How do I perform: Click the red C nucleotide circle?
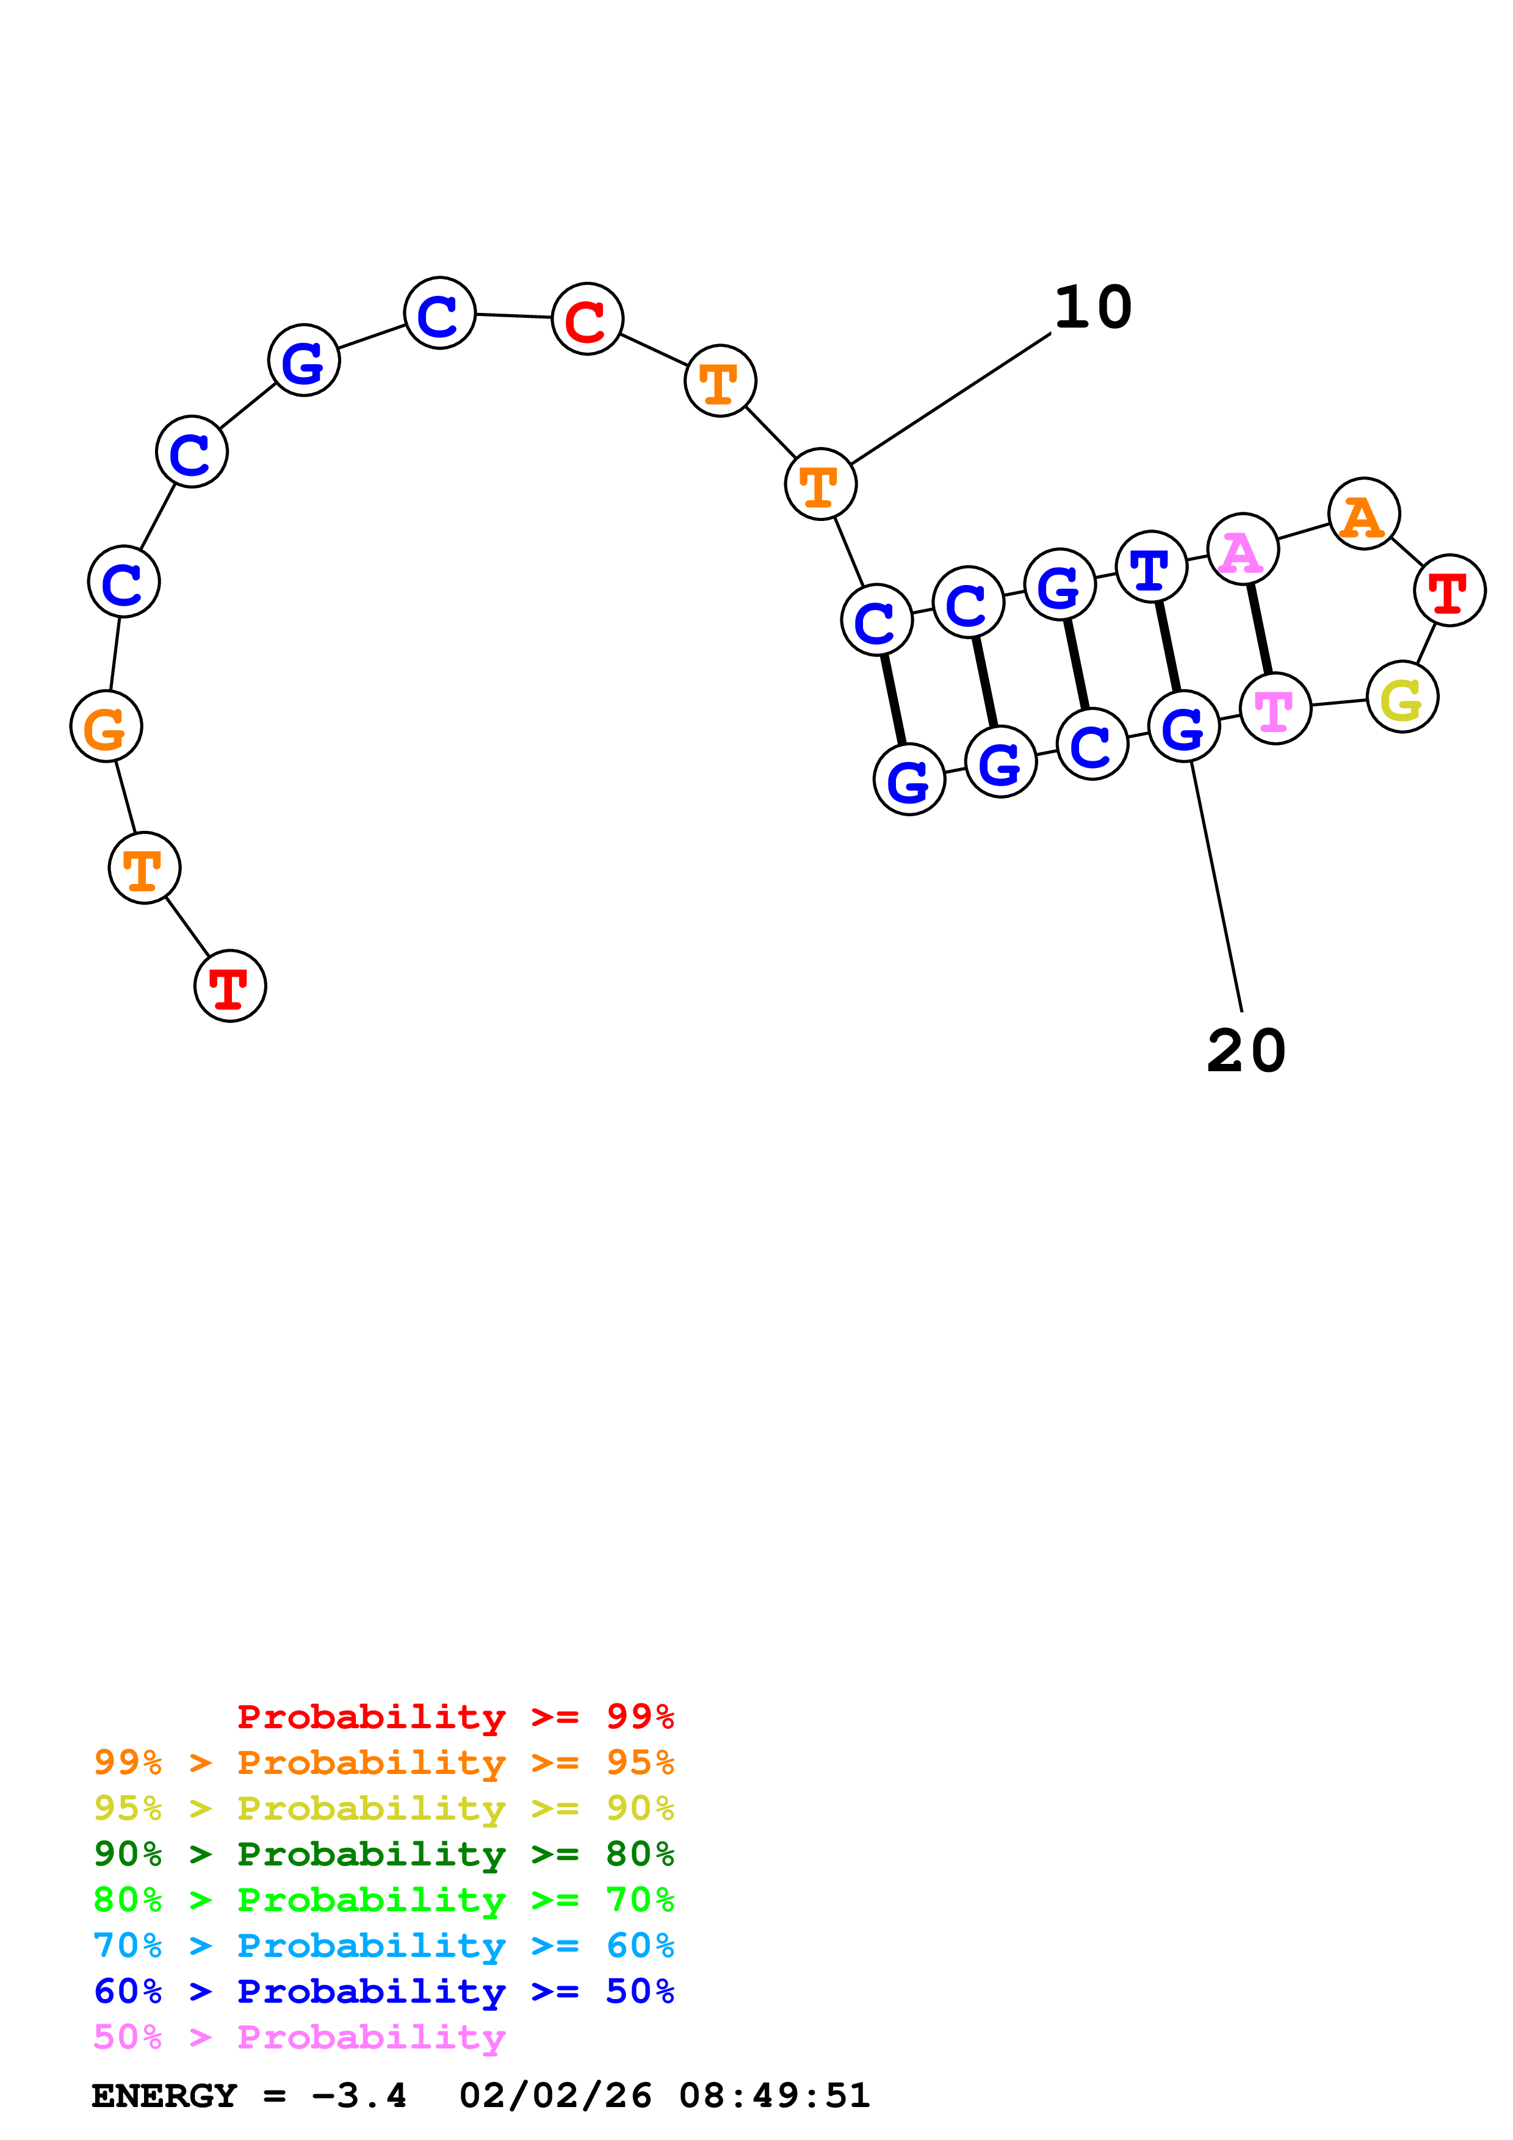point(587,319)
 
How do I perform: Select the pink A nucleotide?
point(1242,550)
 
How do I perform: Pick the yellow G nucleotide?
point(1402,697)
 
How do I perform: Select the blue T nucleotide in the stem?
point(1151,567)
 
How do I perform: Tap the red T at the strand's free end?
point(230,986)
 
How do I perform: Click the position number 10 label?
point(1092,307)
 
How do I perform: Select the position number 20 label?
point(1246,1051)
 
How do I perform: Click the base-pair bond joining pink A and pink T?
point(1260,629)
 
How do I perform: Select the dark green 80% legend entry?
point(384,1854)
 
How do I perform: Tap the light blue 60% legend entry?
point(384,1945)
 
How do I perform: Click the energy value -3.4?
point(359,2095)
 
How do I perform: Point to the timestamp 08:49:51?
point(774,2095)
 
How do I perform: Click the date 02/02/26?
point(555,2095)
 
